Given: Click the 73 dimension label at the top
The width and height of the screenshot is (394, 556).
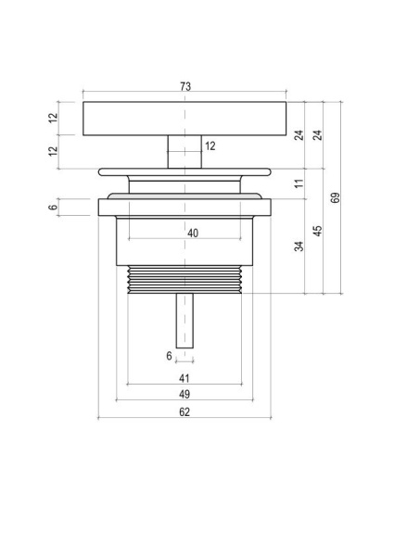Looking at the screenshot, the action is pyautogui.click(x=185, y=86).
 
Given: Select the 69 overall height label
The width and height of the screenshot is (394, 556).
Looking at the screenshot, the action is pyautogui.click(x=335, y=197).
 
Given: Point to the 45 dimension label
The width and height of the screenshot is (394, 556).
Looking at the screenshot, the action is pyautogui.click(x=318, y=231).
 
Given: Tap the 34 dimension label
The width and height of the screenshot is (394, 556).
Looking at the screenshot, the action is pyautogui.click(x=299, y=246).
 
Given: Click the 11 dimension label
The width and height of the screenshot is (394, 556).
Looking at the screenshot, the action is pyautogui.click(x=299, y=183).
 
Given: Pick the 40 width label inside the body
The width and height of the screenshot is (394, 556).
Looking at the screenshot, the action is pyautogui.click(x=193, y=233).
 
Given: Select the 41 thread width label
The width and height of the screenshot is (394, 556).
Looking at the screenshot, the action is pyautogui.click(x=184, y=378).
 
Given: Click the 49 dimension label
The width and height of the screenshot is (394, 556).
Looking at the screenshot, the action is pyautogui.click(x=184, y=394).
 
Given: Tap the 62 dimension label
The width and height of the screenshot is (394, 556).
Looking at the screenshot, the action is pyautogui.click(x=184, y=411).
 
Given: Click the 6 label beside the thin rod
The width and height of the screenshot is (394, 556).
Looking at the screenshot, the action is pyautogui.click(x=169, y=356).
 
